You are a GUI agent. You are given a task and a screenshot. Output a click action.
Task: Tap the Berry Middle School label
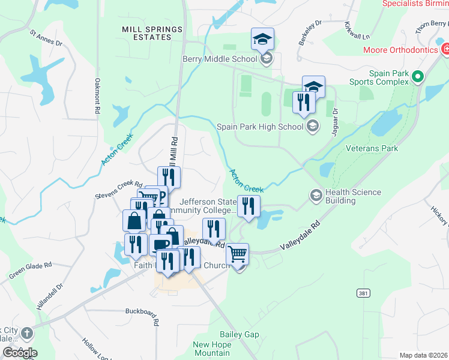(x=220, y=59)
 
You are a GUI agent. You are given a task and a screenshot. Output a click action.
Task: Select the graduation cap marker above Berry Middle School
(x=262, y=40)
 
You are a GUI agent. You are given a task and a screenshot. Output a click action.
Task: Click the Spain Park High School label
(x=260, y=127)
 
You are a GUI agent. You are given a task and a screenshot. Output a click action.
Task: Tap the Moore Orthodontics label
(x=400, y=50)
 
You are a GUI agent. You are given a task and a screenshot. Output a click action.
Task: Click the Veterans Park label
(x=372, y=148)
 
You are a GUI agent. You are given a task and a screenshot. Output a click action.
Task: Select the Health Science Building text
(x=353, y=196)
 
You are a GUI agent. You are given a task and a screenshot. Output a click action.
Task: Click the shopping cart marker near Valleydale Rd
(x=238, y=256)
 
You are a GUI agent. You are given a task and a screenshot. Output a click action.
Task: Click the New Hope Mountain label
(x=212, y=349)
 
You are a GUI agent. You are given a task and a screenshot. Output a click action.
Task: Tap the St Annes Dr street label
(x=46, y=38)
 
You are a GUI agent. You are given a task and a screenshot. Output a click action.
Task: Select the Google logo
(x=19, y=353)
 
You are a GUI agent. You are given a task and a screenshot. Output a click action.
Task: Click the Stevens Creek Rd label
(x=119, y=190)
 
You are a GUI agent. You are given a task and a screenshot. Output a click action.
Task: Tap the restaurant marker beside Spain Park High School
(x=304, y=103)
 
